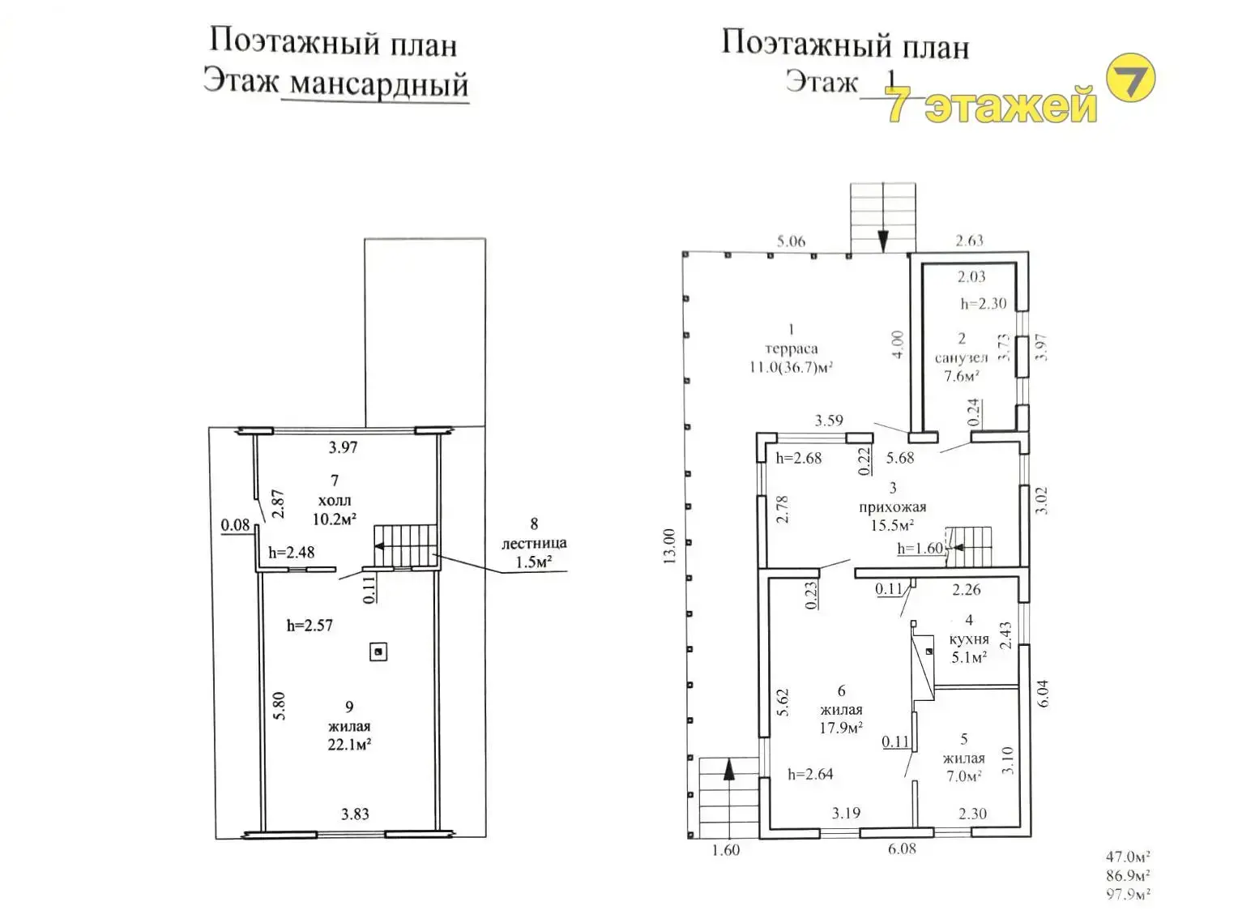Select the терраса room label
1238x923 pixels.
[791, 348]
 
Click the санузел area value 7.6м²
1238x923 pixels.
[962, 376]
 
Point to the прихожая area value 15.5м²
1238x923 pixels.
[892, 525]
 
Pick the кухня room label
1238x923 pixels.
[969, 639]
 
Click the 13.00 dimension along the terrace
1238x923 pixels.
[669, 547]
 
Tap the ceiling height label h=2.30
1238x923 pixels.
[983, 304]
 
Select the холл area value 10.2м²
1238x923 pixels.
[335, 519]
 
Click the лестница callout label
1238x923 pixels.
[533, 543]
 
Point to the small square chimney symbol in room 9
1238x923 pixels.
[378, 652]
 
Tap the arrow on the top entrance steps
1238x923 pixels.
[883, 240]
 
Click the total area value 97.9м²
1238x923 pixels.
[1128, 894]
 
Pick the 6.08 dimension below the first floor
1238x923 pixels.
[902, 848]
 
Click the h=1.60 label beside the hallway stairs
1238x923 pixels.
[920, 549]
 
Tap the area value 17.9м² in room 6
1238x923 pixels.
[841, 728]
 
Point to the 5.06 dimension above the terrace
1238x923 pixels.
[791, 241]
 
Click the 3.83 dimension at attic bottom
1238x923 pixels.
[355, 814]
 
